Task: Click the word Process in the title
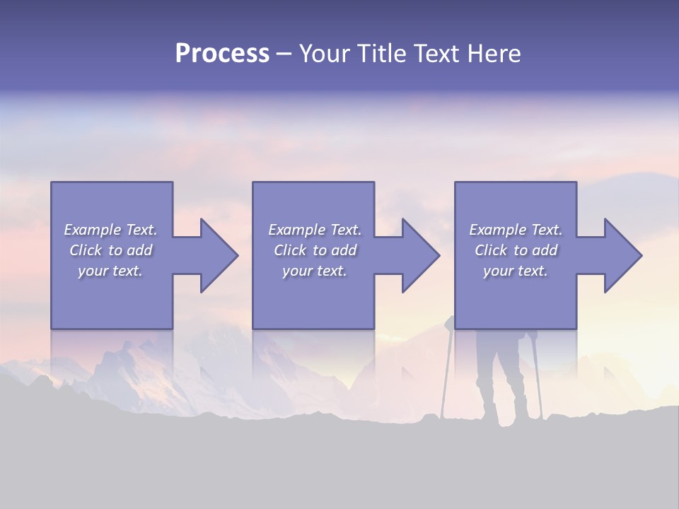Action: (x=222, y=54)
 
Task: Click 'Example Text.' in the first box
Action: (x=110, y=230)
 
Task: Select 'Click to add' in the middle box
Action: (x=315, y=250)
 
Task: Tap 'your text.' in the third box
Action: (x=516, y=271)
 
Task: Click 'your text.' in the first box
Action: (x=110, y=271)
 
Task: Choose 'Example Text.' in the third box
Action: (x=516, y=230)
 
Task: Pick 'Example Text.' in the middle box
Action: (x=315, y=230)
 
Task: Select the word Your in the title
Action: (x=324, y=54)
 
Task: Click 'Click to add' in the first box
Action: (x=110, y=250)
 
